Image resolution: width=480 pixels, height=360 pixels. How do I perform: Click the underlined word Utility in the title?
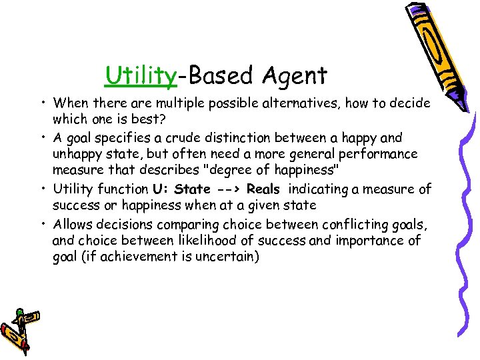[x=141, y=76]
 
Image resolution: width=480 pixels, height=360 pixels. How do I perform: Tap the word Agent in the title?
[x=295, y=76]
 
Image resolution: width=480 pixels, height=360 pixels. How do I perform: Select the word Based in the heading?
[x=219, y=76]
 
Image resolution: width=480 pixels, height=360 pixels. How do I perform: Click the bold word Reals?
[x=263, y=189]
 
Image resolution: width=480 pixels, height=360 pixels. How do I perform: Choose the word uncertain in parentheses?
[x=227, y=257]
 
